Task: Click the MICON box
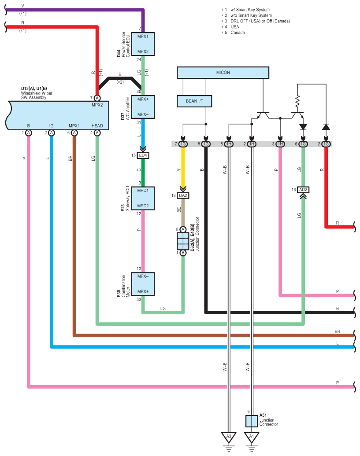click(x=223, y=73)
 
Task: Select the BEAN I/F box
click(x=194, y=101)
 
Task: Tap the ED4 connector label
click(x=143, y=155)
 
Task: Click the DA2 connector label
click(x=183, y=195)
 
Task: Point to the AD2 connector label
click(x=303, y=190)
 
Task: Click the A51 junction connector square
click(x=252, y=421)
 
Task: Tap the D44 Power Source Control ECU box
click(x=143, y=44)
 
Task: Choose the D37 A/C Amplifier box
click(x=143, y=107)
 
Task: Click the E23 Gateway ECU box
click(x=143, y=199)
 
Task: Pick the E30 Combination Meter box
click(x=143, y=284)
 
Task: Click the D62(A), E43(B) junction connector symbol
click(x=183, y=241)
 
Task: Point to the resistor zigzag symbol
click(x=297, y=102)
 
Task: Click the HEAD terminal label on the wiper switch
click(x=97, y=125)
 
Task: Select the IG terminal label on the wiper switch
click(x=52, y=125)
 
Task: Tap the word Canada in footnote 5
click(x=238, y=33)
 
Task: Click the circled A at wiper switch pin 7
click(x=97, y=98)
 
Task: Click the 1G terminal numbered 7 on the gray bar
click(x=183, y=144)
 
